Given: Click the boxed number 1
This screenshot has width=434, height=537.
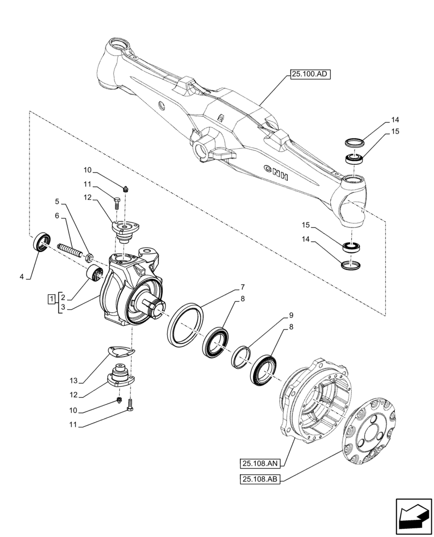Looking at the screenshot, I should [x=51, y=299].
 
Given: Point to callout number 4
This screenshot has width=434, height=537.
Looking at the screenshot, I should [x=22, y=277].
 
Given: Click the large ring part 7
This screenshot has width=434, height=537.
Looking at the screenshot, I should [x=185, y=323].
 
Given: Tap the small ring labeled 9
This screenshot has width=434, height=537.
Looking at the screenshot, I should [x=242, y=356].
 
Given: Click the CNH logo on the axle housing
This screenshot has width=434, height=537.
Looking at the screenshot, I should [x=276, y=174].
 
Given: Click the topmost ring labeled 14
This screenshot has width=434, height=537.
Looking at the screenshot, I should [x=354, y=142].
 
